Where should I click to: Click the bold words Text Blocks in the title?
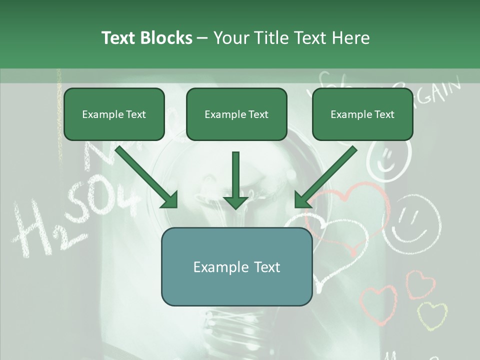[x=146, y=38]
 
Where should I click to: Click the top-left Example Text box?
[x=114, y=114]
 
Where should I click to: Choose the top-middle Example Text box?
[x=236, y=114]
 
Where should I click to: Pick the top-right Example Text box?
[x=362, y=114]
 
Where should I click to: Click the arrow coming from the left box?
[x=147, y=177]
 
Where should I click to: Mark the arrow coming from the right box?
[x=325, y=177]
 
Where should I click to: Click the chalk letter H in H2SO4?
[x=32, y=227]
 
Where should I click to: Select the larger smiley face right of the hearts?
[x=415, y=222]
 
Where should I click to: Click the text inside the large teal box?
[x=236, y=267]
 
